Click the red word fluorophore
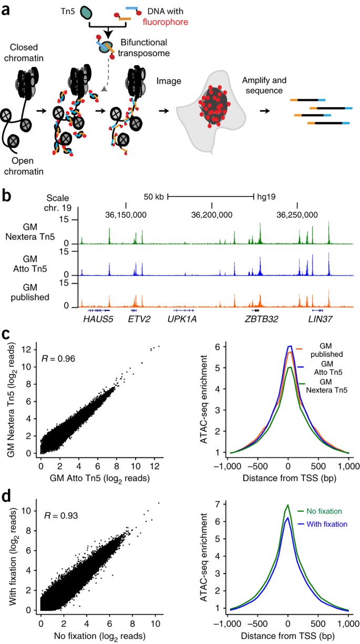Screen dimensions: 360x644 (x=166, y=22)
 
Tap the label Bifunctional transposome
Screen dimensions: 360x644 (x=144, y=48)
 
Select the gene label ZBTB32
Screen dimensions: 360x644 (x=261, y=319)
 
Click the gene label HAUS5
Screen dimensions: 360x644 (x=98, y=319)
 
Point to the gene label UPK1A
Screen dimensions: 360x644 (x=182, y=319)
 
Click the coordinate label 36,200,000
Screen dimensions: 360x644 (x=212, y=215)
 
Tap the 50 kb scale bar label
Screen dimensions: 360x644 (x=153, y=196)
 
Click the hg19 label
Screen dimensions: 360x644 (x=266, y=197)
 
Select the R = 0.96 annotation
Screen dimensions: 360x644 (x=58, y=359)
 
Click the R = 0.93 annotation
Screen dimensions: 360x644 (x=61, y=524)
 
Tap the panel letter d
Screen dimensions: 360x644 (x=6, y=496)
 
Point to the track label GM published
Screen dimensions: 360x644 (x=30, y=293)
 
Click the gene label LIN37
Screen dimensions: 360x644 (x=320, y=319)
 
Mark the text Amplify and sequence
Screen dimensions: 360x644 (x=264, y=85)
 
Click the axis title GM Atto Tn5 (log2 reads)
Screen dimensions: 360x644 (x=100, y=478)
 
